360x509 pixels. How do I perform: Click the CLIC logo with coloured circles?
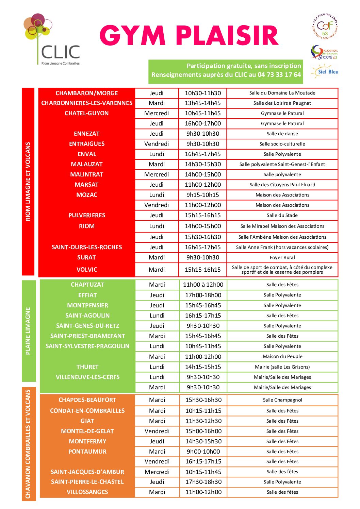[52, 39]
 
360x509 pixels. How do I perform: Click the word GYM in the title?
[132, 36]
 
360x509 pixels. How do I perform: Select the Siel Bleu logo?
[325, 72]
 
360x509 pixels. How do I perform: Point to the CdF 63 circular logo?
[325, 27]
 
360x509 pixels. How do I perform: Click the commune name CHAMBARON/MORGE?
[86, 93]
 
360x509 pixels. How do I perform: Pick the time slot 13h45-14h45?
[203, 103]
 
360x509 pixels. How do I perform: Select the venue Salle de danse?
[282, 134]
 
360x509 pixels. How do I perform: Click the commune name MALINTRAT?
[86, 174]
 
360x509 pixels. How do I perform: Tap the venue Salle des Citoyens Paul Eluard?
[282, 185]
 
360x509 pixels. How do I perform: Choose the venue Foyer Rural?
[282, 257]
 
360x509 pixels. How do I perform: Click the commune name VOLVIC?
[86, 270]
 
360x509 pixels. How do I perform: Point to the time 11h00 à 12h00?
[203, 285]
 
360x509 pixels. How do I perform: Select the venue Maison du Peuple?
[282, 356]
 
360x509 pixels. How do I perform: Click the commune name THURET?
[87, 367]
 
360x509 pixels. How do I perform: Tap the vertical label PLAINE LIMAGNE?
[28, 331]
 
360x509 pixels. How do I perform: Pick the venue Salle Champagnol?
[282, 400]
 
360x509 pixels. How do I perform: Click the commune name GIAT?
[87, 421]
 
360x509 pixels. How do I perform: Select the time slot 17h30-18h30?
[203, 482]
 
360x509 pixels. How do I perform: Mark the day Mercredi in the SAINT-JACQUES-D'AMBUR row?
[157, 472]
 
